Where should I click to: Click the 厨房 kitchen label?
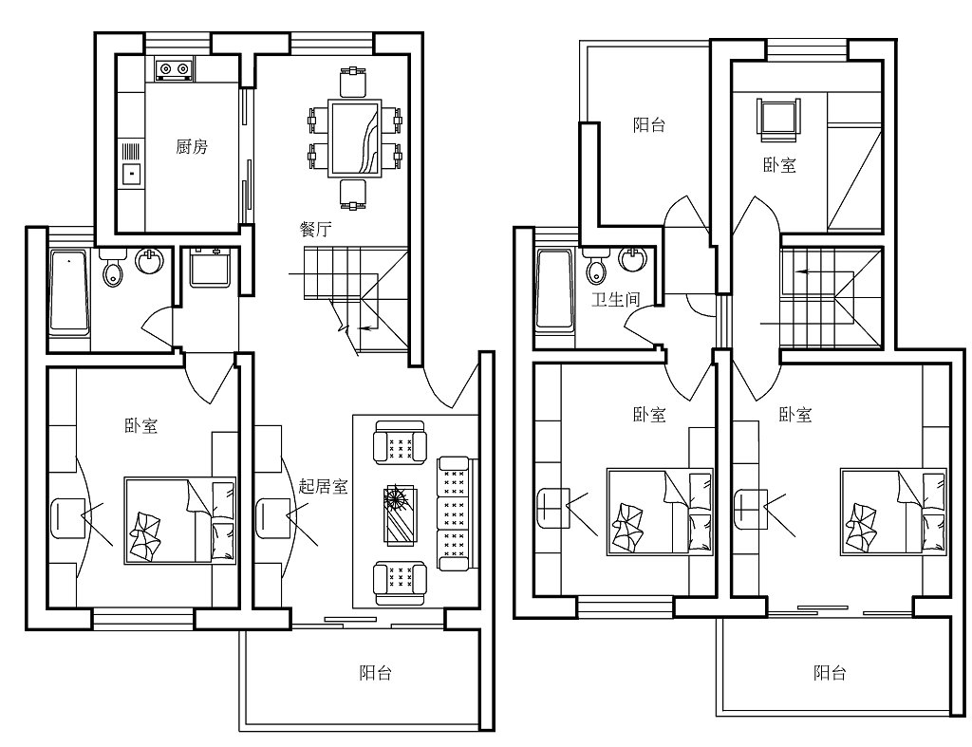click(192, 147)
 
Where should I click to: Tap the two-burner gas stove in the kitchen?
click(174, 68)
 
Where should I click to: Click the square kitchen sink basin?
click(131, 175)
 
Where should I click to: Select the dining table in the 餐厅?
click(355, 138)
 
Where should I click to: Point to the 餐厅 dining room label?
click(315, 230)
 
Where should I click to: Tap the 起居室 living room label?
click(323, 486)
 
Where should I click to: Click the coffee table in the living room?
click(401, 515)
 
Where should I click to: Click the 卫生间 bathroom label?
click(615, 299)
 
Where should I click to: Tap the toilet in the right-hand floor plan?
click(596, 267)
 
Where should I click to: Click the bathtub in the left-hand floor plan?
click(68, 292)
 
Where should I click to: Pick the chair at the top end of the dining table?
click(353, 83)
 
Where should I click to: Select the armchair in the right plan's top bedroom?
click(778, 116)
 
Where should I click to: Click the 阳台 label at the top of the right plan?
click(649, 125)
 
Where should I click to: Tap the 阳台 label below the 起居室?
click(376, 673)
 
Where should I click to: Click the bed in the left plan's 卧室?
click(179, 520)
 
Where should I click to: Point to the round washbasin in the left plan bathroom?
click(149, 260)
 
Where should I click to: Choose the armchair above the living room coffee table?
click(400, 442)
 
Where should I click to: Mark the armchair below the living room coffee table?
click(400, 584)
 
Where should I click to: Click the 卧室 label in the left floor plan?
click(141, 426)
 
